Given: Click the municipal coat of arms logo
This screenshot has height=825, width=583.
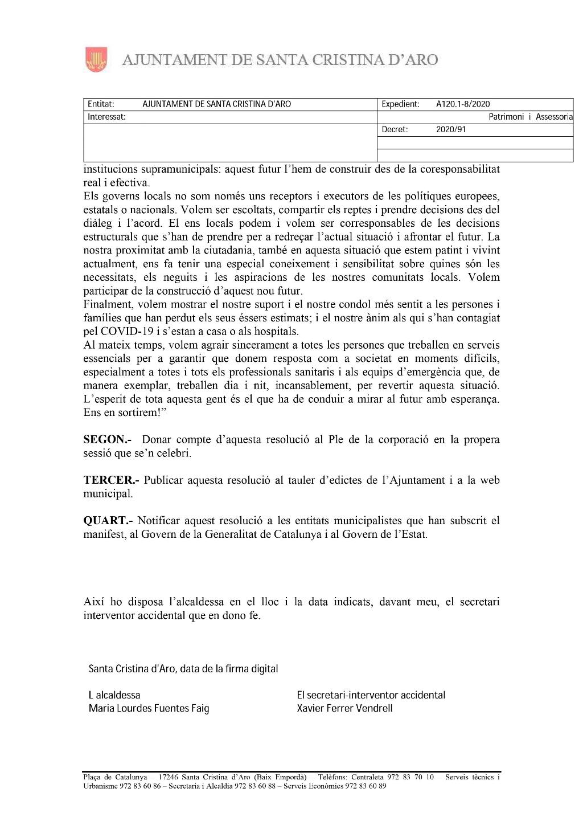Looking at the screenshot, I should click(x=96, y=60).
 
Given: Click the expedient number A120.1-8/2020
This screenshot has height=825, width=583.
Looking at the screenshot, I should click(x=462, y=104).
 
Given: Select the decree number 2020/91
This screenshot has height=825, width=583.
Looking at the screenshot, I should click(x=451, y=129).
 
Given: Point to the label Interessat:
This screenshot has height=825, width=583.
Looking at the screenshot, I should click(x=106, y=117).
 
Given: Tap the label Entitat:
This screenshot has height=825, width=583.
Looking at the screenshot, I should click(x=101, y=104).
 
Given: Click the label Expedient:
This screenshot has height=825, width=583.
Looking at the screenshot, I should click(x=400, y=104).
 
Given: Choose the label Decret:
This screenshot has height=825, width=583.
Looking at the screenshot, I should click(x=395, y=129).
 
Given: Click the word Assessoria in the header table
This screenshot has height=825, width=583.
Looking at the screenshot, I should click(x=554, y=117).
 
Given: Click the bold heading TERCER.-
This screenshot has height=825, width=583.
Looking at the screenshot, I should click(x=112, y=480).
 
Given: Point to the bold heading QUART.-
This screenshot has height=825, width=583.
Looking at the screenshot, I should click(x=108, y=521).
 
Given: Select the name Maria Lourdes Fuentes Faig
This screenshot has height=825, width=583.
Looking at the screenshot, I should click(x=149, y=709).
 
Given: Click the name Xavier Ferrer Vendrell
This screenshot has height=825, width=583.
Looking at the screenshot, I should click(x=344, y=709).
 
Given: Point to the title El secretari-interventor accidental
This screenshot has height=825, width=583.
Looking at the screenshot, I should click(x=371, y=695).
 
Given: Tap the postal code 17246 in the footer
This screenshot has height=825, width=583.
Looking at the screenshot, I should click(x=169, y=778).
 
